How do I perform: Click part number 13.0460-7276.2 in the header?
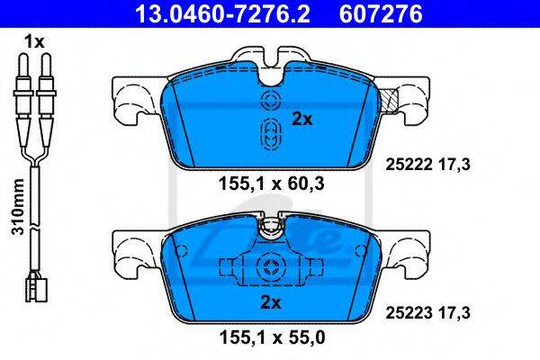222,13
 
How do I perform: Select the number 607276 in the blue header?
381,13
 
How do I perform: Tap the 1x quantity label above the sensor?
34,42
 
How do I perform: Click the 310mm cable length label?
18,207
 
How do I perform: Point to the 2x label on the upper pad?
302,120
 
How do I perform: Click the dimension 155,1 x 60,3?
272,184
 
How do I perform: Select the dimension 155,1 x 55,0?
272,338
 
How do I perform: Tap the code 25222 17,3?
427,165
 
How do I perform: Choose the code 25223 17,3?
427,313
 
